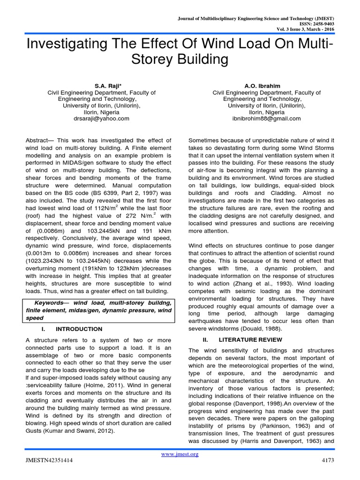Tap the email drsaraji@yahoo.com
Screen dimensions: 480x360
(x=102, y=119)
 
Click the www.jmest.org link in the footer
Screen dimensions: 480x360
(x=180, y=454)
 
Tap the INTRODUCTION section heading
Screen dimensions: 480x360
(x=79, y=329)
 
